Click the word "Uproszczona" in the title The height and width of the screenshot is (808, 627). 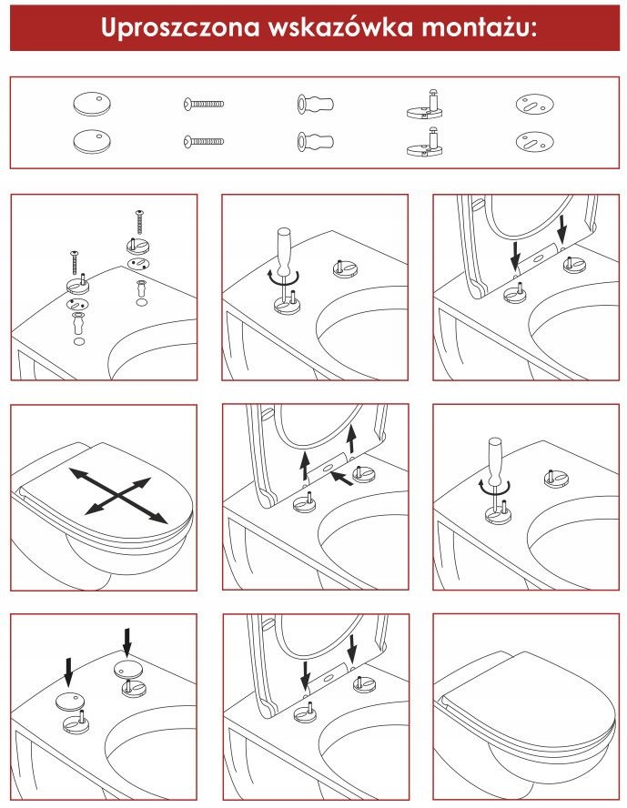(x=180, y=27)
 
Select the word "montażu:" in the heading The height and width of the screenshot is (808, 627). (x=479, y=28)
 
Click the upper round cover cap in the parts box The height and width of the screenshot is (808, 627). (x=92, y=104)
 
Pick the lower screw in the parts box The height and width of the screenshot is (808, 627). (x=204, y=141)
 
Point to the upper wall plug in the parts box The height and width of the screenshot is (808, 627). (x=315, y=104)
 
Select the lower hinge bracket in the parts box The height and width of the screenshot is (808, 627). (x=425, y=143)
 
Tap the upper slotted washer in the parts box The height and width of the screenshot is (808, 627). (x=534, y=104)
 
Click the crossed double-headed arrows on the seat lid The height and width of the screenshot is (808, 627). (x=118, y=495)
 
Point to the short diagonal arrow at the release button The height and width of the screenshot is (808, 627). (x=341, y=479)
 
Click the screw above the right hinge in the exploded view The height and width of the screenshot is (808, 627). (x=138, y=222)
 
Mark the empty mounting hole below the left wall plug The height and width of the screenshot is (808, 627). (x=79, y=340)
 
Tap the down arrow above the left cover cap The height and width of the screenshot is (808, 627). (x=68, y=671)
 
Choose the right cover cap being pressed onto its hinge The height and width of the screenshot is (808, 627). (x=126, y=670)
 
